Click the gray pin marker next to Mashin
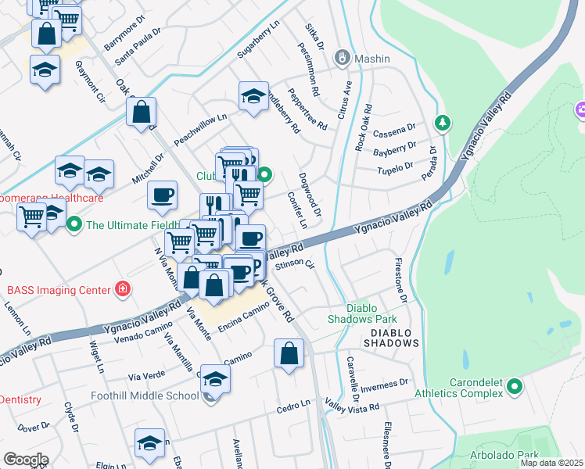(x=342, y=58)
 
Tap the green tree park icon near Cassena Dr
(x=443, y=123)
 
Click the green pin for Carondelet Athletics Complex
(x=514, y=386)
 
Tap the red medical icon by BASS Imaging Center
(x=122, y=290)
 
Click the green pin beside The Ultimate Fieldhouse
(x=74, y=226)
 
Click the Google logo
(x=26, y=459)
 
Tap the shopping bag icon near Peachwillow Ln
(x=142, y=113)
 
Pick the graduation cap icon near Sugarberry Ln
(x=253, y=97)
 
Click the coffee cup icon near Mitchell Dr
(x=162, y=195)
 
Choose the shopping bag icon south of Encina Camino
(x=289, y=354)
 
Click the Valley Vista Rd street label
(x=352, y=407)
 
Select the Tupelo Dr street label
(x=395, y=169)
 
